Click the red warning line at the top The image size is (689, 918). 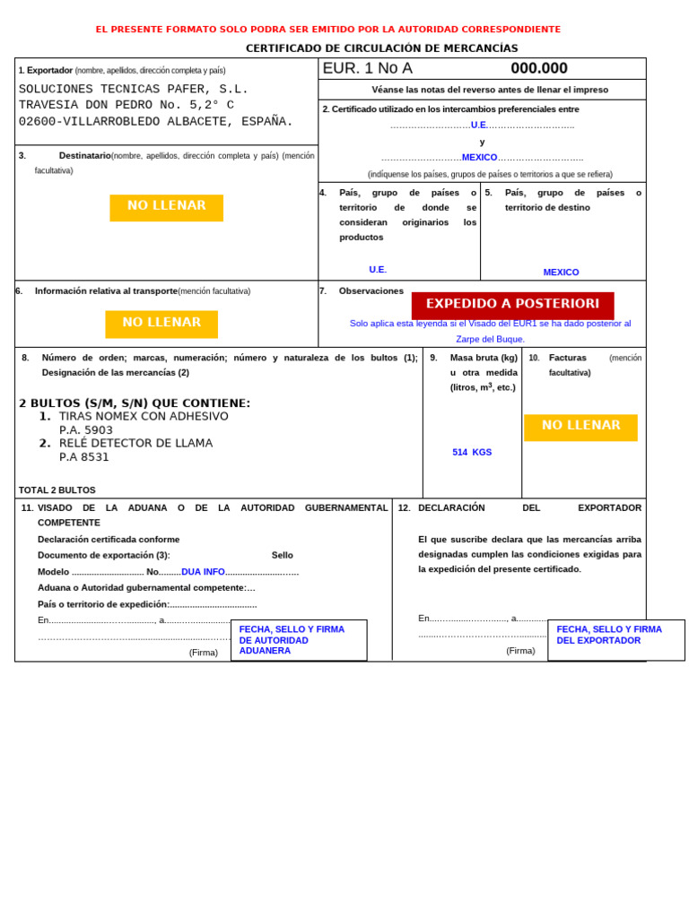328,30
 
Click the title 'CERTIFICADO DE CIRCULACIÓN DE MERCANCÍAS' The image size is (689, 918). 381,48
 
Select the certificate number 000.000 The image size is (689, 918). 538,68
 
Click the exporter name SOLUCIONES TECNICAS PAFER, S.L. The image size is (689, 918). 134,89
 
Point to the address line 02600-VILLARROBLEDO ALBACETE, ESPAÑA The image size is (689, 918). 156,122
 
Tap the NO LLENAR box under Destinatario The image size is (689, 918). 166,207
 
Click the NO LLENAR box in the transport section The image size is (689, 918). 161,323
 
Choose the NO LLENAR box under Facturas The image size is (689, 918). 580,426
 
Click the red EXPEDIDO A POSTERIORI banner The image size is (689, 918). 512,304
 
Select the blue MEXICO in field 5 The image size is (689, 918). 561,273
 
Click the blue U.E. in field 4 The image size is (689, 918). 378,270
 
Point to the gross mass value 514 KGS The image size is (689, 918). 472,453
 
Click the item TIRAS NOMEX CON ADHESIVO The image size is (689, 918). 144,416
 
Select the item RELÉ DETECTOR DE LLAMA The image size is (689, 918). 135,443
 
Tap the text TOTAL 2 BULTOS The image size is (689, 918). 57,490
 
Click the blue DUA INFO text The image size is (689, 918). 203,572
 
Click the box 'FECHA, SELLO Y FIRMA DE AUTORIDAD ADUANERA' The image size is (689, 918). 299,640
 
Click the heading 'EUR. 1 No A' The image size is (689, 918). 367,68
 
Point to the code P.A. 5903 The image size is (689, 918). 86,430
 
